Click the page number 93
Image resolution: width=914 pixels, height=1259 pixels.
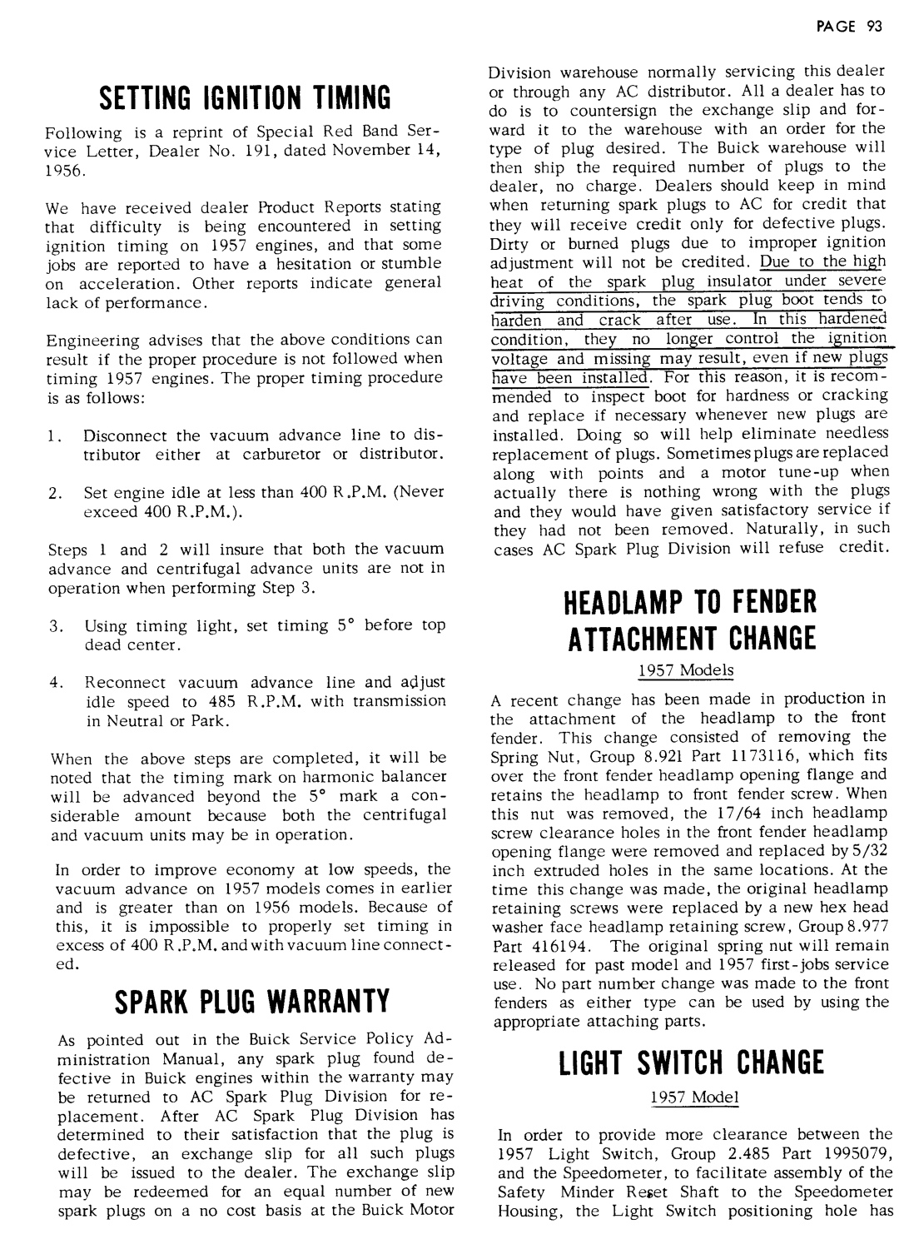pyautogui.click(x=873, y=26)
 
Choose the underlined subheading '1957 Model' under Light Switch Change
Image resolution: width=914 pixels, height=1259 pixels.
pyautogui.click(x=694, y=1097)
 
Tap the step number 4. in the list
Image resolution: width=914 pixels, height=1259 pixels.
pyautogui.click(x=57, y=683)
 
